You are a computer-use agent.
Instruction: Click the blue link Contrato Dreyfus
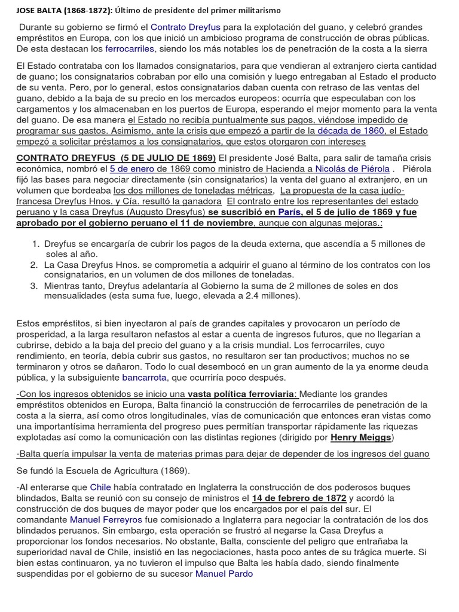184,27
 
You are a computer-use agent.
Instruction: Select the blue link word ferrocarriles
130,48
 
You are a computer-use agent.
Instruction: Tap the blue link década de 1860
359,130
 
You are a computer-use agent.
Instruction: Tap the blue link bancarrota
144,378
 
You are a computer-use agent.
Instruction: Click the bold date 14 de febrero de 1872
299,498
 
